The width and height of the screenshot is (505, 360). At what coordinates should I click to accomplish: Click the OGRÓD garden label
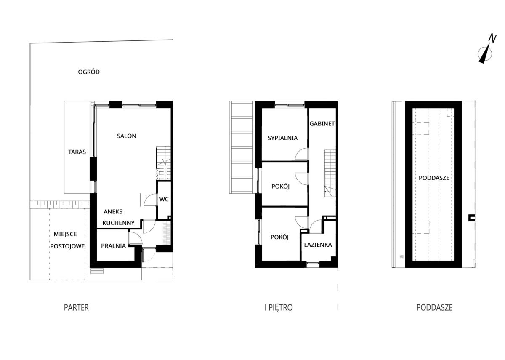coord(89,72)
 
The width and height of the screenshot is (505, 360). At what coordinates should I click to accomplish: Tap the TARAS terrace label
coord(77,152)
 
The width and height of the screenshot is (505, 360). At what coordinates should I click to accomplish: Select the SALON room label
coord(127,136)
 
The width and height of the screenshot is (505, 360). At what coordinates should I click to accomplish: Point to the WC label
coord(164,200)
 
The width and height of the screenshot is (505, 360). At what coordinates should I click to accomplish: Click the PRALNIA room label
coord(113,246)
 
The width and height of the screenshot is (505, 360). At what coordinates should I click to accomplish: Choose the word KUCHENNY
coord(119,223)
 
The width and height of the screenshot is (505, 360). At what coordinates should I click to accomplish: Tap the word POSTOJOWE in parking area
coord(67,246)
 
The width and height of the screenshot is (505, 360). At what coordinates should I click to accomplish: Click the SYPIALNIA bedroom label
coord(283,138)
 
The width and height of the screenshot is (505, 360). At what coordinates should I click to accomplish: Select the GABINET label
coord(322,124)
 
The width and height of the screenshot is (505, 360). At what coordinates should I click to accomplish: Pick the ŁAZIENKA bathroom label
coord(318,245)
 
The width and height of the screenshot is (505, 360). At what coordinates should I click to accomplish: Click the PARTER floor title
coord(77,308)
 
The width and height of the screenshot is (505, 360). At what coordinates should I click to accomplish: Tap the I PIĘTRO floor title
coord(279,308)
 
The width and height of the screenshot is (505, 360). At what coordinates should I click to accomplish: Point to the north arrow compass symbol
coord(485,54)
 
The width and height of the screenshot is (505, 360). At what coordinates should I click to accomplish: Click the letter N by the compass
coord(492,38)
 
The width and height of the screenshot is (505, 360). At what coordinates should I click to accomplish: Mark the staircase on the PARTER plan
coord(164,163)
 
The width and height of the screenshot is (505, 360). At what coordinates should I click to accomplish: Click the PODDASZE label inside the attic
coord(434,178)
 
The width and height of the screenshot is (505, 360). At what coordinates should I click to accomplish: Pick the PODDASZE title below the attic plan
coord(434,308)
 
